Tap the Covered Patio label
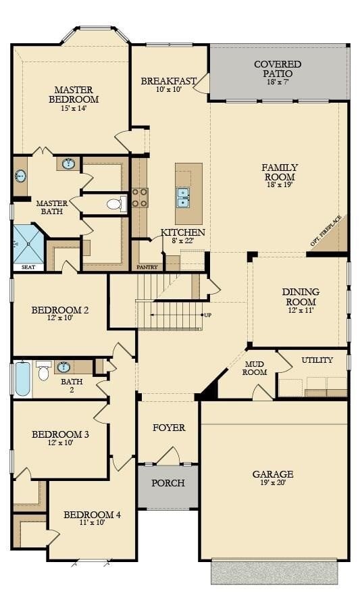tap(277, 68)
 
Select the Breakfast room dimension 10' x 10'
tap(168, 90)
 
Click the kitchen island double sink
tap(183, 197)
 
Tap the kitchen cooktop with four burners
tap(140, 197)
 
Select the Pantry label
tap(147, 267)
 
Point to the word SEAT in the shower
tap(28, 267)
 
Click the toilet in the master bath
tap(115, 203)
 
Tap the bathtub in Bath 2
tap(22, 379)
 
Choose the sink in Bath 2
tap(63, 367)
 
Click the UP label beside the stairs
tap(208, 315)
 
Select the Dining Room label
tap(301, 297)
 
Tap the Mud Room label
tap(255, 368)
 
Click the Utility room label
tap(317, 360)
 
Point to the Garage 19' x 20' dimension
tap(273, 484)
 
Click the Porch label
tap(168, 483)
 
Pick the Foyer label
tap(169, 428)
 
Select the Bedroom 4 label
tap(92, 515)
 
